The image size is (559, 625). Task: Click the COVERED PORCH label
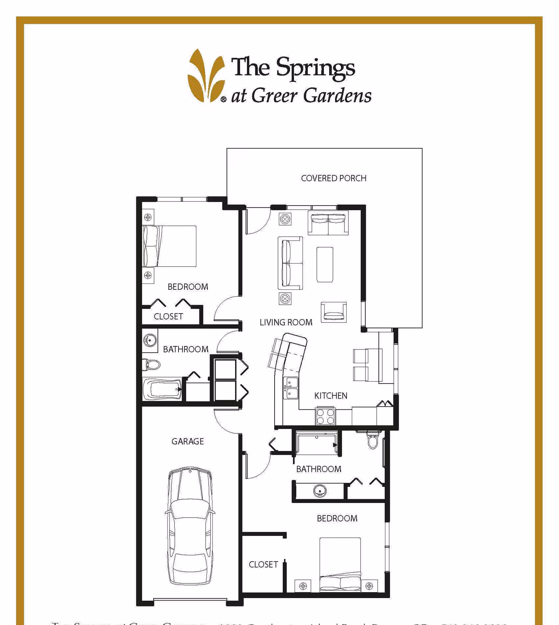333,178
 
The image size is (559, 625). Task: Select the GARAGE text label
187,441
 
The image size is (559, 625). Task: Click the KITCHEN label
331,396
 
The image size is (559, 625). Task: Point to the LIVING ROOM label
286,322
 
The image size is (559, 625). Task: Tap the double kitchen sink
291,388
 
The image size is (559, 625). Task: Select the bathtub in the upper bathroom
162,389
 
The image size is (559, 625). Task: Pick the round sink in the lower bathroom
320,491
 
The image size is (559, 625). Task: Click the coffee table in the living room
325,265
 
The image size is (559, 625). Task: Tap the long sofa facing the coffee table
290,263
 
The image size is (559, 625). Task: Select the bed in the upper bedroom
169,246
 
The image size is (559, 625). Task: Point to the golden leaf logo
206,76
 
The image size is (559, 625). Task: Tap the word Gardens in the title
337,95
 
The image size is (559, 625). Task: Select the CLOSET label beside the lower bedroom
263,565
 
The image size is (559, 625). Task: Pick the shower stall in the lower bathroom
316,444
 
